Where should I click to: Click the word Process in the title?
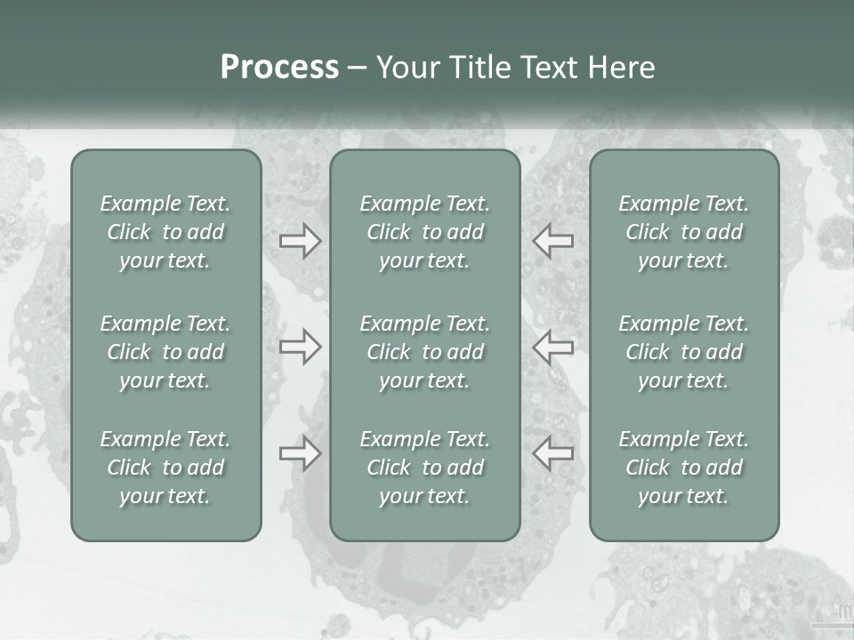279,68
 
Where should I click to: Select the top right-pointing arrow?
300,241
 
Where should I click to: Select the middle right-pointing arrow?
300,347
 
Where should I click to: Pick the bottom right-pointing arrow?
300,453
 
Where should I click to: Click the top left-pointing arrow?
552,241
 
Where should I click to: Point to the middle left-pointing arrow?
552,347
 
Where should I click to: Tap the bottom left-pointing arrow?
552,453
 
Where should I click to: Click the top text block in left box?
165,232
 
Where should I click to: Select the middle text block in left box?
165,352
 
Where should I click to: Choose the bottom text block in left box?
165,468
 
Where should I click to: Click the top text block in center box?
424,232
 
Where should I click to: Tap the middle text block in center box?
424,352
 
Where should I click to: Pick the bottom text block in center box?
424,468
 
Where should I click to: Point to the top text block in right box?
683,232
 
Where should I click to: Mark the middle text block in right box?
683,352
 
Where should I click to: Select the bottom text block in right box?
683,468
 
